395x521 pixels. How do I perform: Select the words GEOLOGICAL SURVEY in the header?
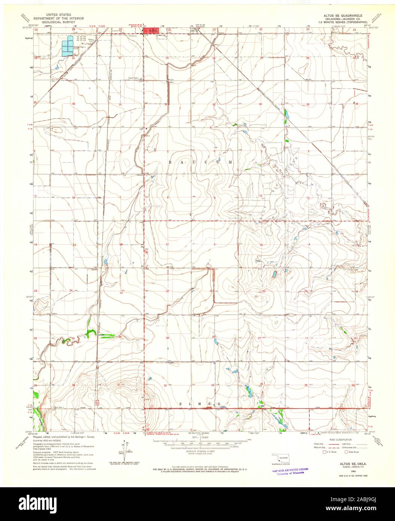coord(58,22)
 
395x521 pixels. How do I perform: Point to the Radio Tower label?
coord(133,79)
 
